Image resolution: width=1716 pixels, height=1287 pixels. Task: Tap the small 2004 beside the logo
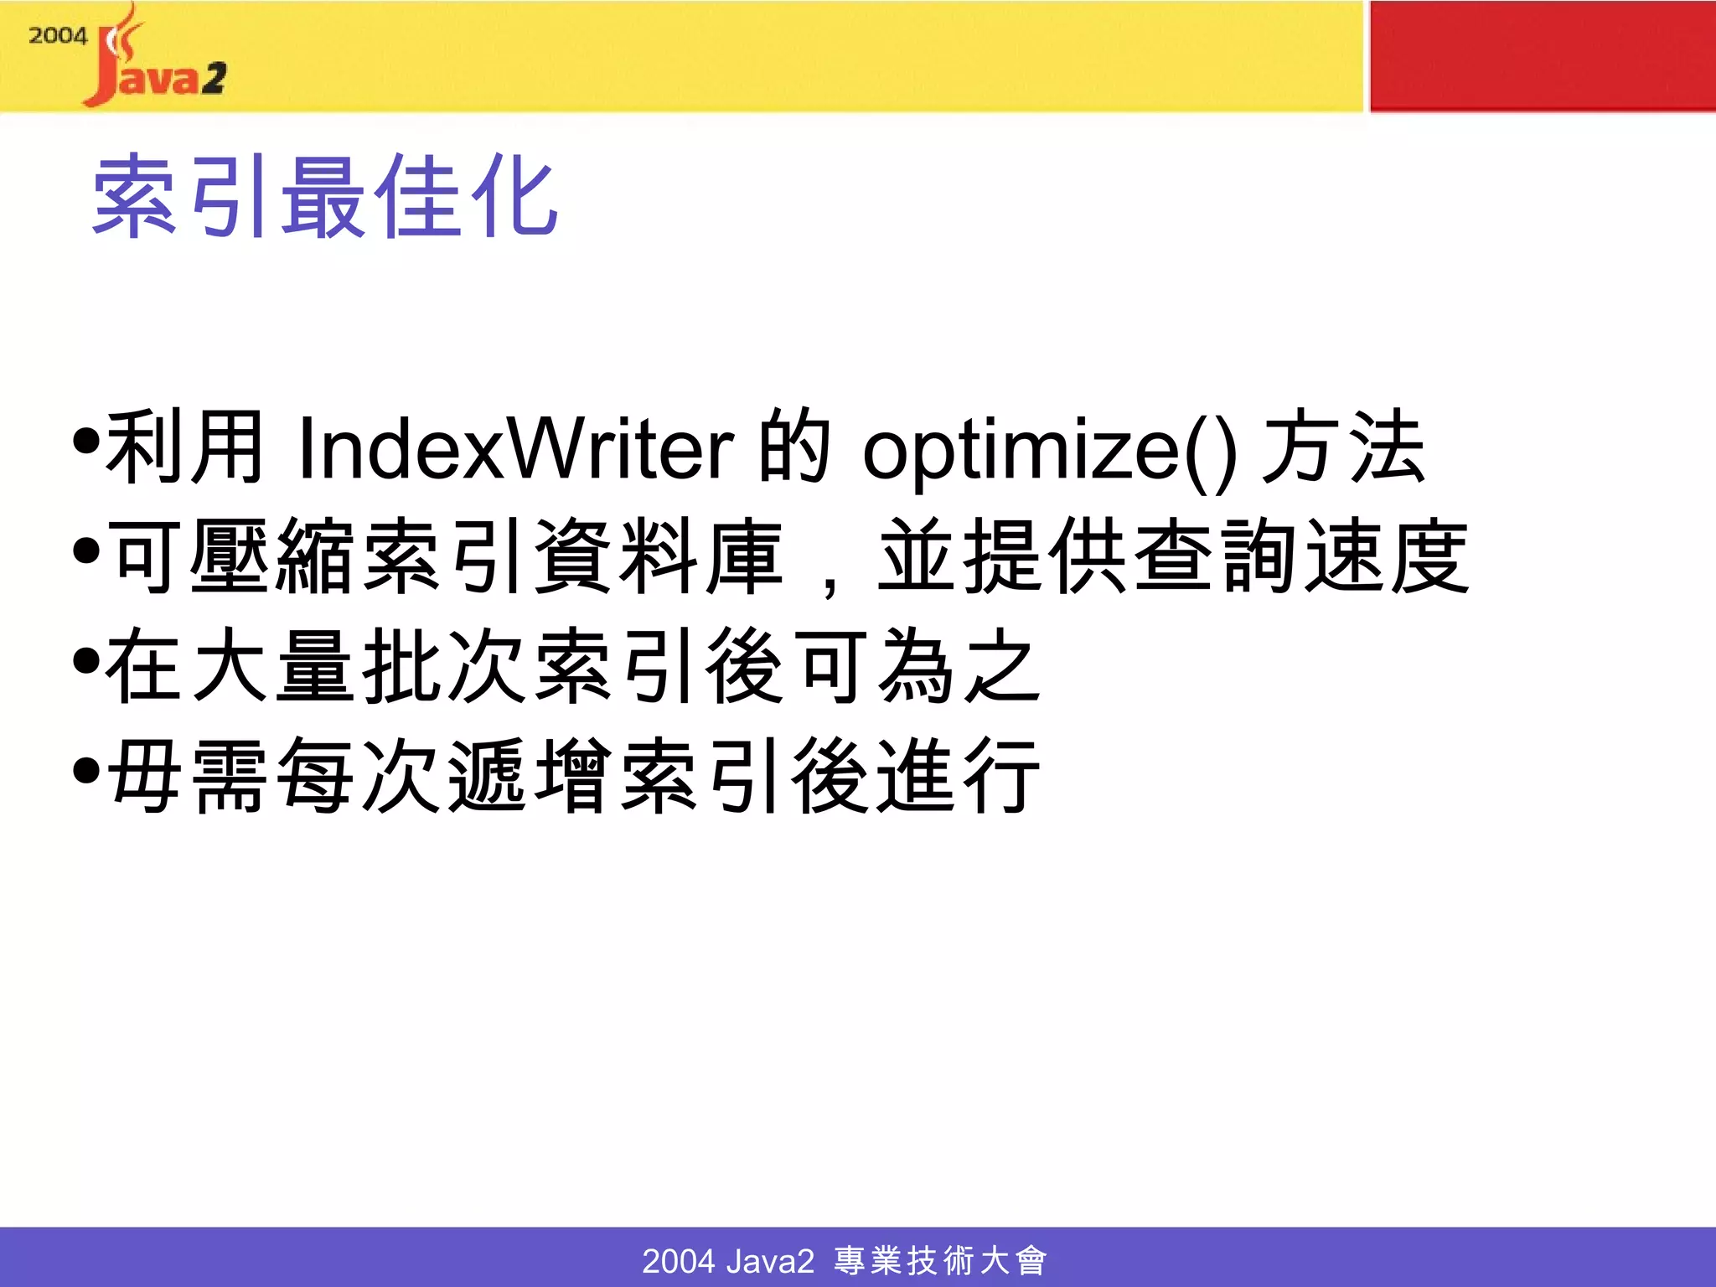coord(57,36)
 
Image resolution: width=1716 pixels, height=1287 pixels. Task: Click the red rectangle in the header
coord(1542,56)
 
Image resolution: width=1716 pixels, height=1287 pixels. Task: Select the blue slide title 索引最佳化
coord(325,197)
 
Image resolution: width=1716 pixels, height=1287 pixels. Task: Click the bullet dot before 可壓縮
coord(86,550)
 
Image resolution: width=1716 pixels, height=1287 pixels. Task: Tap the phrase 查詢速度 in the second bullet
coord(1303,556)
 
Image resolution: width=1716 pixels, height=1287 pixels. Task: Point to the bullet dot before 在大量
coord(86,660)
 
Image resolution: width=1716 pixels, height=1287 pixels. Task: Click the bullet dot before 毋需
coord(86,770)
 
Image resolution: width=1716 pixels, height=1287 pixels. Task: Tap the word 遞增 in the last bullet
coord(531,775)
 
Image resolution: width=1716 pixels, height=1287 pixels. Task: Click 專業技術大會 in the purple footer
coord(940,1260)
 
